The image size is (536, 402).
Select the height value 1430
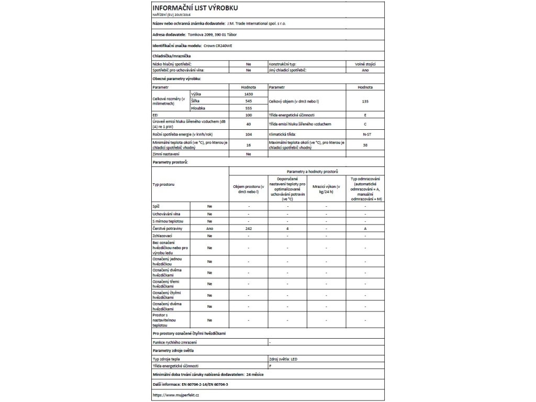coord(249,93)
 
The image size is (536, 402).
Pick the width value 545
coord(249,100)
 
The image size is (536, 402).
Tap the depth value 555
coord(249,107)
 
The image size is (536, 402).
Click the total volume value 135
coord(365,100)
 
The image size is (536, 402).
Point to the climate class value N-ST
coord(365,135)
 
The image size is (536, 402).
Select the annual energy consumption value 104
coord(249,135)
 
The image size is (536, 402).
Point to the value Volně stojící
coord(365,63)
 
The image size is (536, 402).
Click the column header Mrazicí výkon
coord(326,190)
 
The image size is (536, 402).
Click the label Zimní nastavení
coord(166,155)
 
